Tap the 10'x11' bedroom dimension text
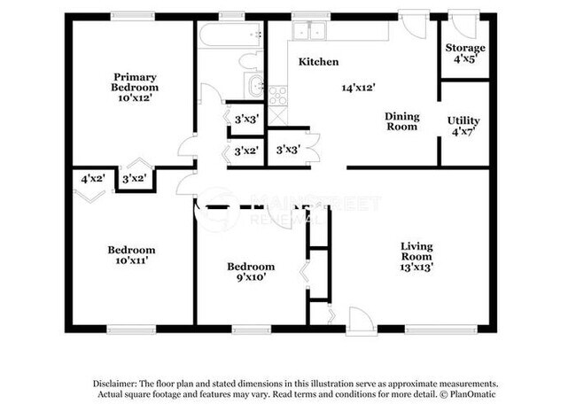coord(131,261)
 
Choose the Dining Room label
coord(401,121)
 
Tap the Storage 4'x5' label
coord(464,53)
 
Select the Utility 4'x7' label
coord(463,126)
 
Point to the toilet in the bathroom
coord(251,61)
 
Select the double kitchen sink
coord(310,31)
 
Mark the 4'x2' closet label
coord(93,178)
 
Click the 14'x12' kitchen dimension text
coord(361,88)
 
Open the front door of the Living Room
coord(361,321)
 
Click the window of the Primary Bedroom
coord(134,16)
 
